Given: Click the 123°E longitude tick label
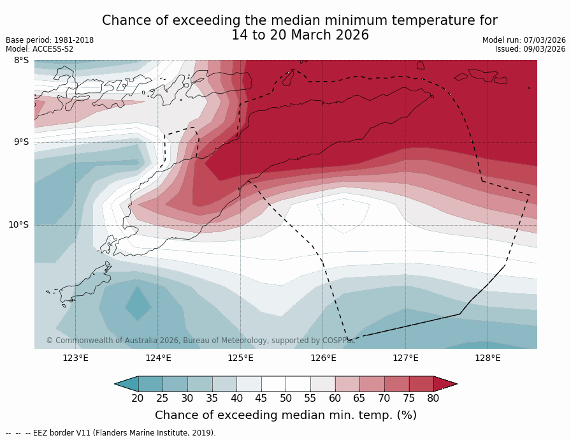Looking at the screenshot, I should pyautogui.click(x=75, y=358).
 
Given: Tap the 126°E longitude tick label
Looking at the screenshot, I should pyautogui.click(x=323, y=358).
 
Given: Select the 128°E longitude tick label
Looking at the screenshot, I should pyautogui.click(x=488, y=358).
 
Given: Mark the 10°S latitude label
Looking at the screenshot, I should pyautogui.click(x=18, y=224).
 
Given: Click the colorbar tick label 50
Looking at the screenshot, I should pyautogui.click(x=285, y=399).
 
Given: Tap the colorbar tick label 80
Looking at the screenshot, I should pyautogui.click(x=433, y=399).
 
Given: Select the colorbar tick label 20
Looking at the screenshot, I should pyautogui.click(x=138, y=399).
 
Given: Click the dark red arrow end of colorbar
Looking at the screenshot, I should pyautogui.click(x=445, y=383).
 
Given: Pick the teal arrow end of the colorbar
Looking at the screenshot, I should pyautogui.click(x=126, y=383).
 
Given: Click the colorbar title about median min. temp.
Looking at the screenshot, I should pyautogui.click(x=285, y=415).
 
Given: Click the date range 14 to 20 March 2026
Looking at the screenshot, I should pyautogui.click(x=300, y=36).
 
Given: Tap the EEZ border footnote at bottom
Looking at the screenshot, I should pyautogui.click(x=111, y=433).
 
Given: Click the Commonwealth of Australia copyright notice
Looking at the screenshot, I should pyautogui.click(x=200, y=341).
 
